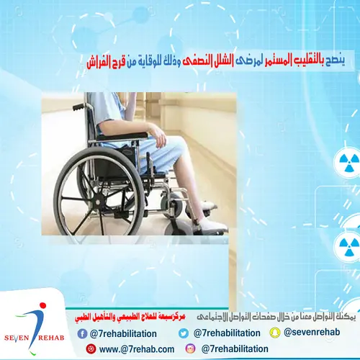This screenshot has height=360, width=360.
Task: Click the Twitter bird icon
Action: (x=183, y=333)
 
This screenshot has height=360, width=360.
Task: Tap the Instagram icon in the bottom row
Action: (x=190, y=348)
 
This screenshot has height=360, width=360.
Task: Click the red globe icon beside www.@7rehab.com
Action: (x=91, y=348)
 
